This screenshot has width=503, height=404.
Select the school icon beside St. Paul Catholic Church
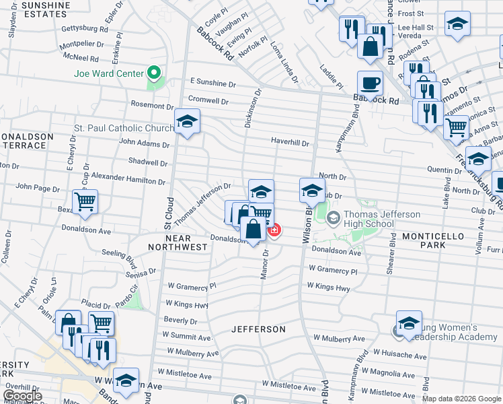pyautogui.click(x=186, y=122)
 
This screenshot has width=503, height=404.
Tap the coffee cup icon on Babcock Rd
pyautogui.click(x=370, y=83)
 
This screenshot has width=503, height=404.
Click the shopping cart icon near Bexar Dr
pyautogui.click(x=85, y=201)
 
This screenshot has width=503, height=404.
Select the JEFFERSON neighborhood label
pyautogui.click(x=258, y=329)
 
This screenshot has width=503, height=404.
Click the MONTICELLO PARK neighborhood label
pyautogui.click(x=434, y=241)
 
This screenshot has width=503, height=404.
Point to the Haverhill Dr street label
pyautogui.click(x=289, y=143)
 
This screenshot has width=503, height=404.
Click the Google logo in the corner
pyautogui.click(x=23, y=396)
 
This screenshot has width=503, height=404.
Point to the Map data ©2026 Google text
pyautogui.click(x=461, y=399)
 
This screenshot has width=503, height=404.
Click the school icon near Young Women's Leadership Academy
pyautogui.click(x=409, y=323)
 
